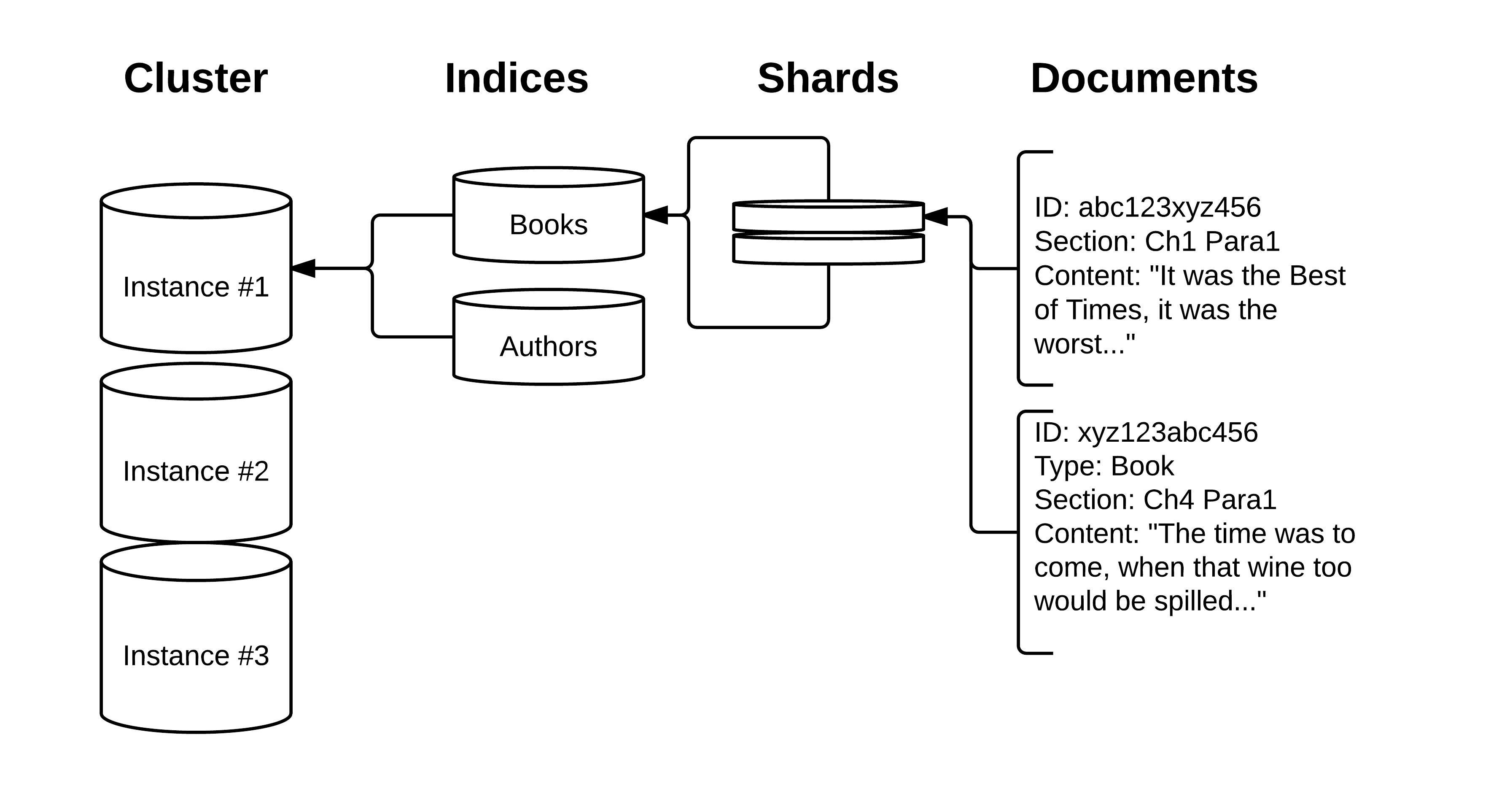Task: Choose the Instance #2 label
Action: (196, 471)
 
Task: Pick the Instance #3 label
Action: (196, 656)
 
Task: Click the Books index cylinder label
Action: (548, 224)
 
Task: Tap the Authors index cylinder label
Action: (548, 347)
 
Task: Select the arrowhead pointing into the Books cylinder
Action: (656, 215)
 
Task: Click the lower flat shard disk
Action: (828, 249)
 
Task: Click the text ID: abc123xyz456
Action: (1147, 207)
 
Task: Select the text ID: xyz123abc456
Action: (1146, 432)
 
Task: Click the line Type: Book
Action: (1104, 466)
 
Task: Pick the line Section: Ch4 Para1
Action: (1155, 499)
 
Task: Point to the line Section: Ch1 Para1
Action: (1157, 241)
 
